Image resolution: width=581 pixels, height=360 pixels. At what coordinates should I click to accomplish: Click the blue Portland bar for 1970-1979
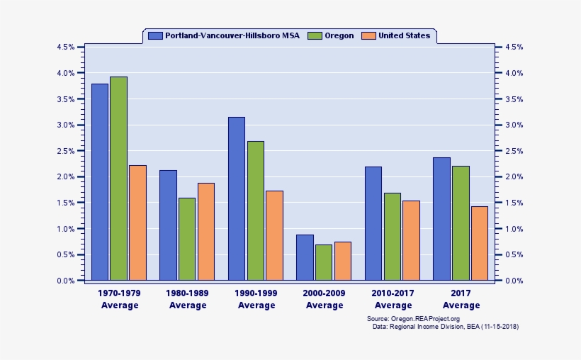100,182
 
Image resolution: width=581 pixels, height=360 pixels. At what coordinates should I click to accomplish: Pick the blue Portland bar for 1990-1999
237,198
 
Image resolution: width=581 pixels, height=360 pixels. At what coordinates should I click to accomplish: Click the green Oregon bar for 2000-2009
324,262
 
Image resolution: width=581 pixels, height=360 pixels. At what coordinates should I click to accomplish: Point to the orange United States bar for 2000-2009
343,261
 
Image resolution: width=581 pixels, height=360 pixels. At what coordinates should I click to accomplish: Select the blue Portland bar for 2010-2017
373,223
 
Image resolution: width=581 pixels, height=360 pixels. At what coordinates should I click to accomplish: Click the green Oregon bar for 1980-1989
187,239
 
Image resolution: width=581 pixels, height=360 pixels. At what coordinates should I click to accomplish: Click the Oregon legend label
339,35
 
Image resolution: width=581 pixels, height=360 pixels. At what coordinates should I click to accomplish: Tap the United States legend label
404,35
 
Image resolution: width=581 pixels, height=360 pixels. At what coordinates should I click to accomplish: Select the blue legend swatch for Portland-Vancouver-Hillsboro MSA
155,35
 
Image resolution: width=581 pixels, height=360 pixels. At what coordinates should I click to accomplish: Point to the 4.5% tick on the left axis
65,47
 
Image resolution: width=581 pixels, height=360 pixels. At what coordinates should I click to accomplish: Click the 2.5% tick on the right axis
514,151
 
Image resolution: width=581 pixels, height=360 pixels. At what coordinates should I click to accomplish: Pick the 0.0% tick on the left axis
65,281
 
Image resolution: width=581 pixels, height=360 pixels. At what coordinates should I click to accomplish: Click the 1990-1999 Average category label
256,298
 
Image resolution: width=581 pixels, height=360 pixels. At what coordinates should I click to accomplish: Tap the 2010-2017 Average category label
393,298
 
